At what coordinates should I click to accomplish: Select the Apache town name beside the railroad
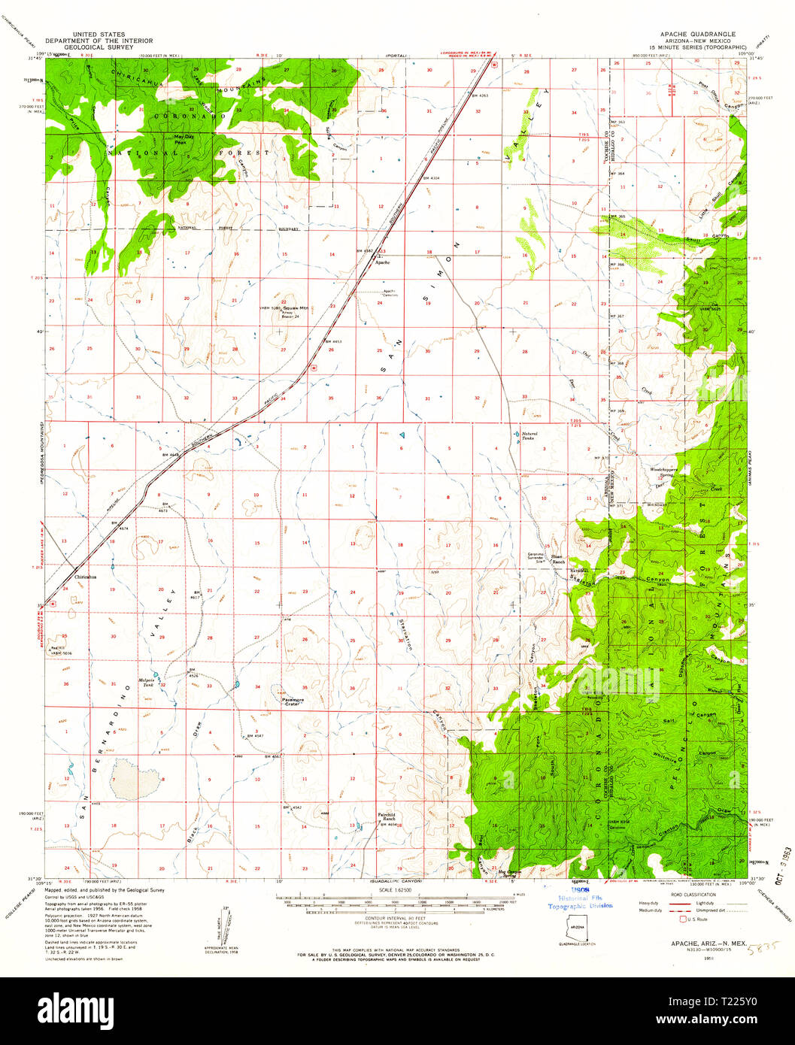(382, 262)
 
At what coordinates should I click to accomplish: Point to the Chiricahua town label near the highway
(86, 577)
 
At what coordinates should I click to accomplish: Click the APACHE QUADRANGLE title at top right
(697, 35)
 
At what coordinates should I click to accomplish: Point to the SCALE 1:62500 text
(396, 889)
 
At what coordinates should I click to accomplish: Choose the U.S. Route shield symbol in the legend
(684, 919)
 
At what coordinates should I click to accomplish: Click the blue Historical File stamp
(579, 901)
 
